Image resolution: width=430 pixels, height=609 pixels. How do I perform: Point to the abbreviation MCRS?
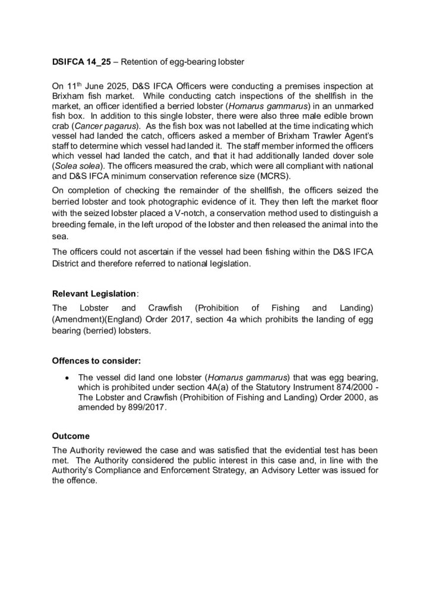point(263,177)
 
